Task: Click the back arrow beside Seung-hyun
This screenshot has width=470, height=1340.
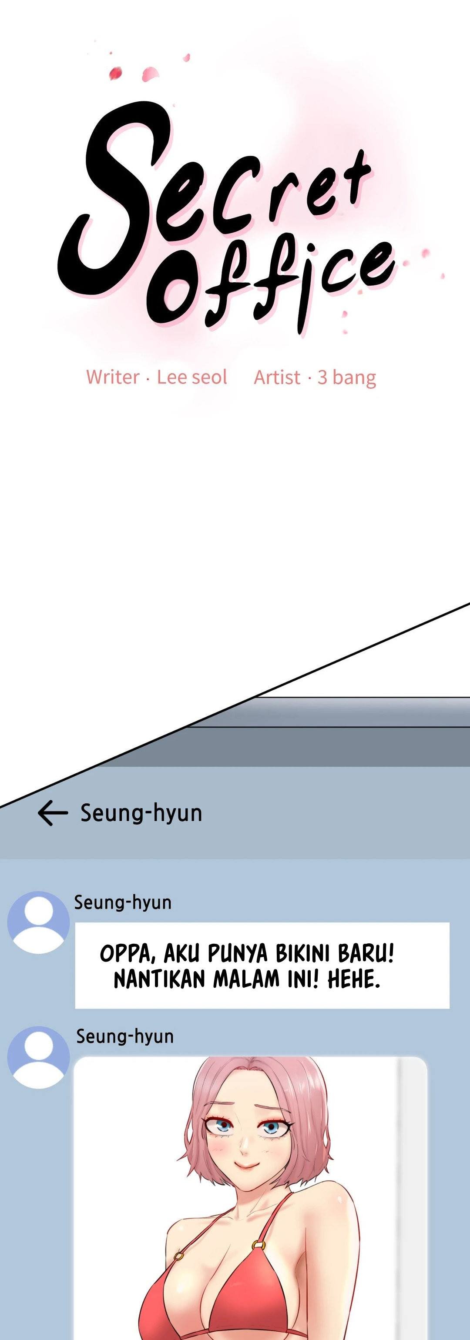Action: click(53, 813)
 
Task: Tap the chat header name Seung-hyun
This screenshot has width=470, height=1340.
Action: click(141, 812)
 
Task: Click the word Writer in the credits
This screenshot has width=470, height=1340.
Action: click(112, 377)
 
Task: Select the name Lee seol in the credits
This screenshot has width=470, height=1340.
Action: click(192, 377)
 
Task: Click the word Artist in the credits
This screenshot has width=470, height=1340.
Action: click(277, 377)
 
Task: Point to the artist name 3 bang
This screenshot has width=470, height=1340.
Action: click(347, 377)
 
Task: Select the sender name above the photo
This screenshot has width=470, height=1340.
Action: click(125, 1037)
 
